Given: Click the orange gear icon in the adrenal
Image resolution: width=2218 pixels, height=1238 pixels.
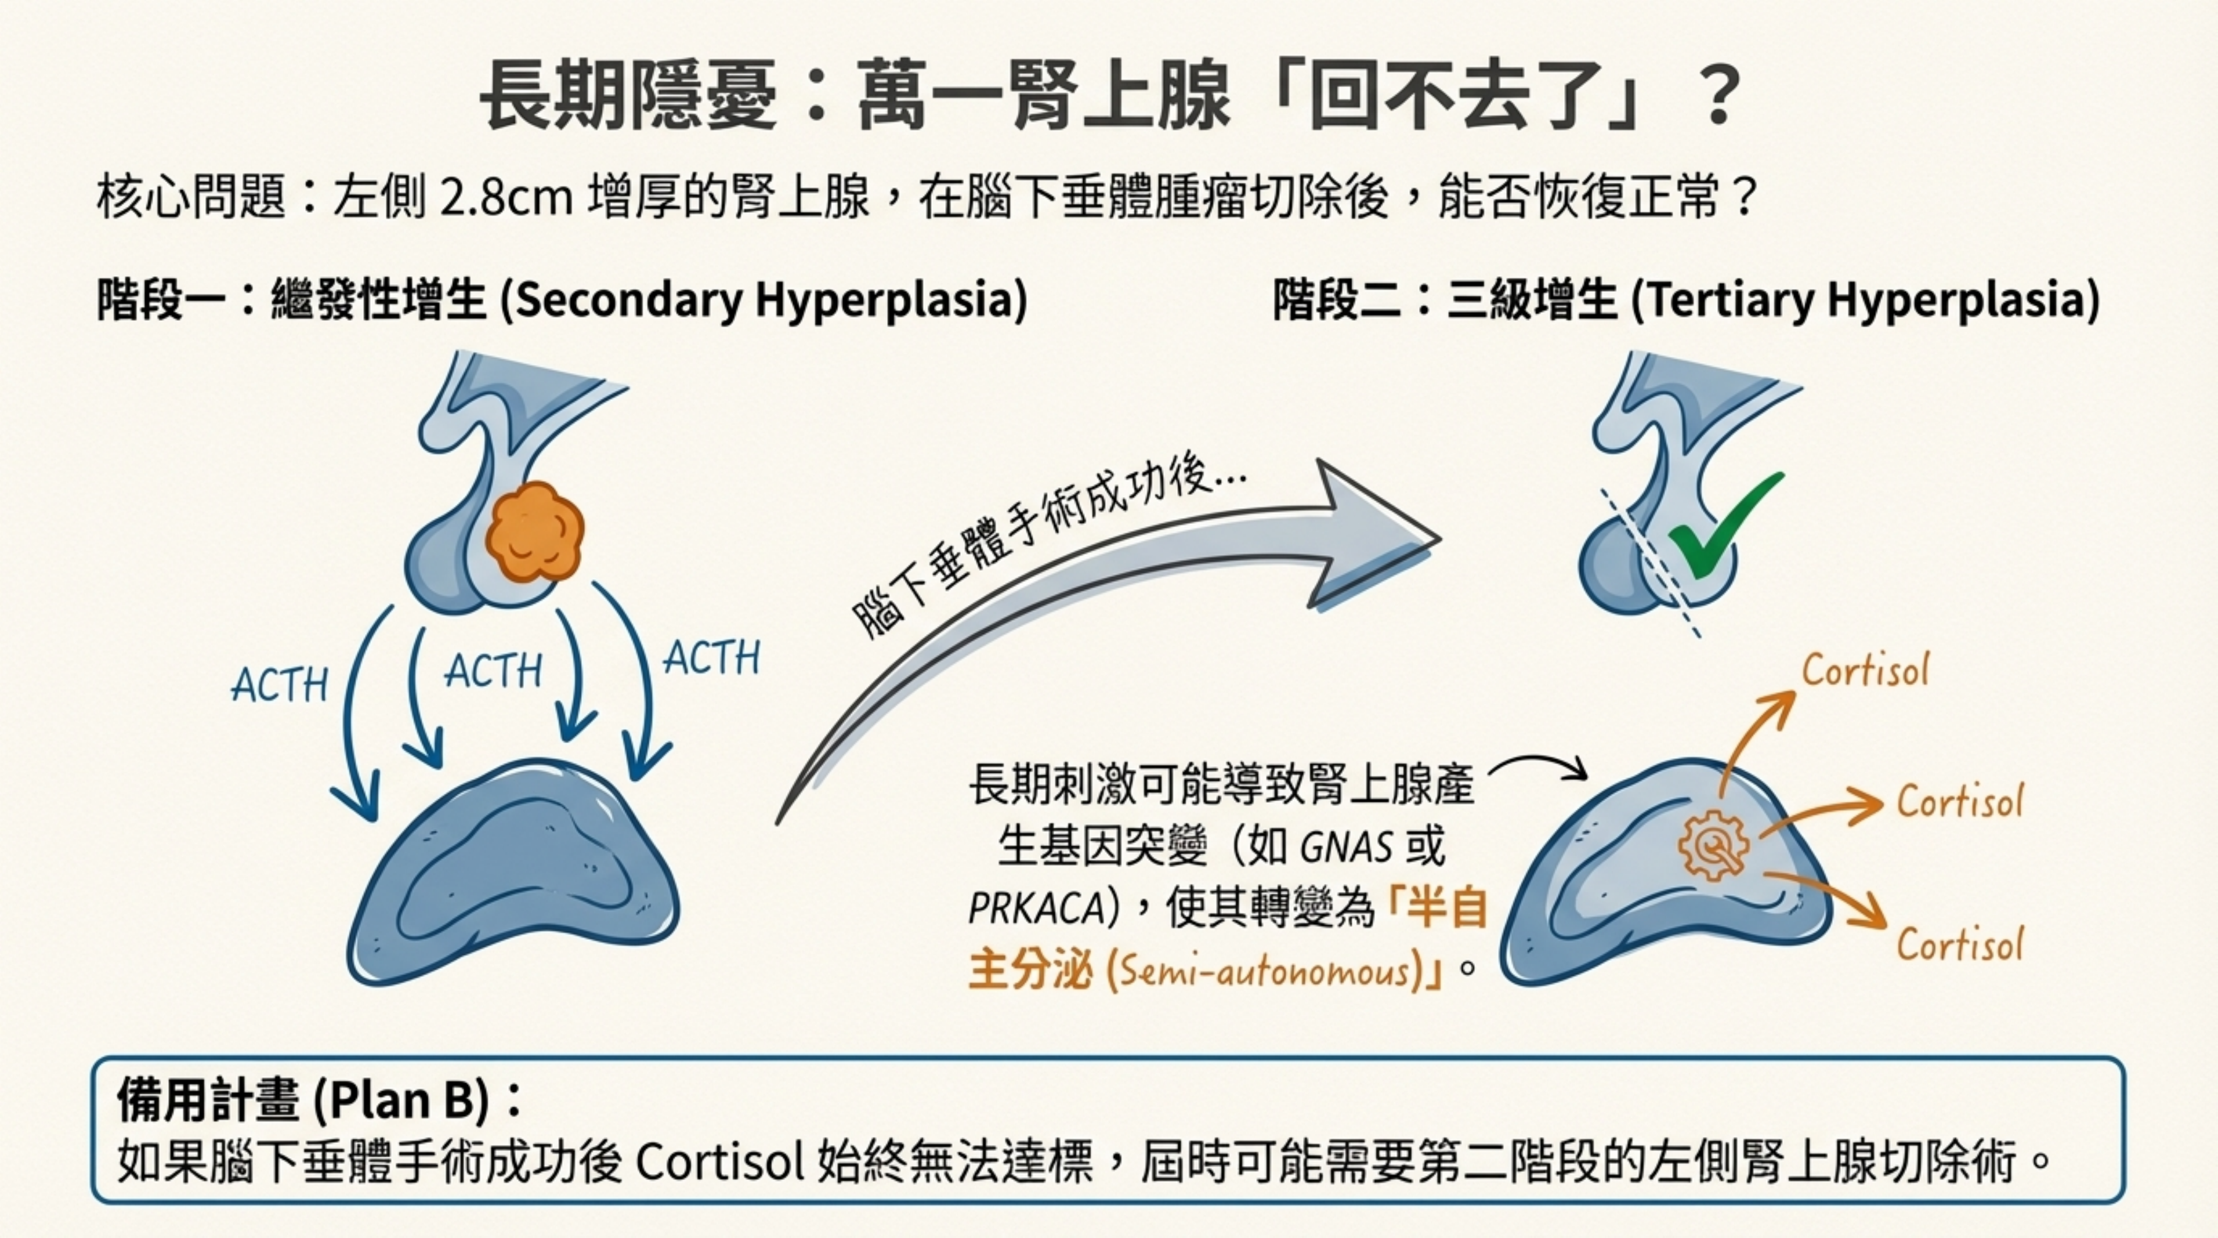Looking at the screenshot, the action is coord(1713,846).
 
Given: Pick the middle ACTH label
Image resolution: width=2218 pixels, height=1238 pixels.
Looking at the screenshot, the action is coord(493,671).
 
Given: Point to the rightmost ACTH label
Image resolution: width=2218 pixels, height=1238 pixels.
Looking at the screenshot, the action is coord(712,658).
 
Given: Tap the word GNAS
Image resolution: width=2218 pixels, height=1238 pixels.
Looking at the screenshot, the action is coord(1346,848).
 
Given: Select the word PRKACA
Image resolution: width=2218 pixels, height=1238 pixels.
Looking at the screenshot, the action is coord(1036,909).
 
